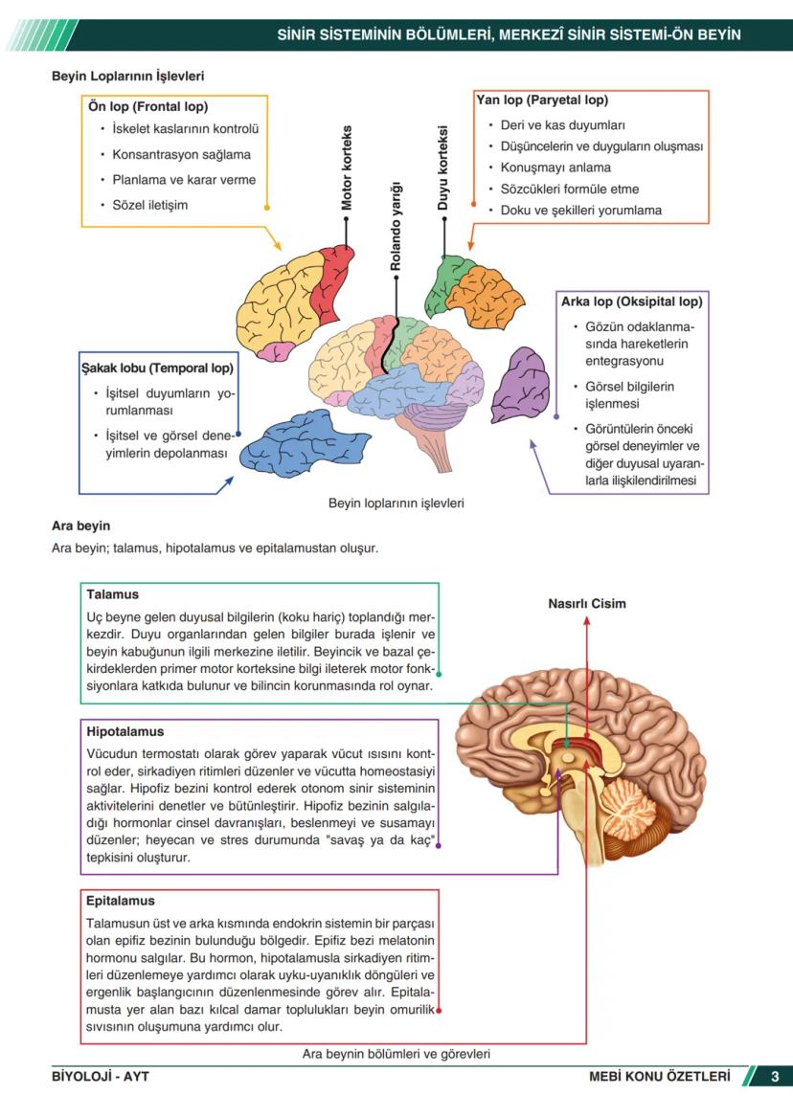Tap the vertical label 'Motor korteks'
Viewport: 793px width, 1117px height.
pyautogui.click(x=347, y=168)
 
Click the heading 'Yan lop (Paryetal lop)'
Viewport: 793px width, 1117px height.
pyautogui.click(x=542, y=100)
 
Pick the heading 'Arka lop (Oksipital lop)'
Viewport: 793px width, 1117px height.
pyautogui.click(x=632, y=301)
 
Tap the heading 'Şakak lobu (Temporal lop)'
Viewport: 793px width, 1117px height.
pyautogui.click(x=157, y=368)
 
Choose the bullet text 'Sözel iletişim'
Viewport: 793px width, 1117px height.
pyautogui.click(x=150, y=205)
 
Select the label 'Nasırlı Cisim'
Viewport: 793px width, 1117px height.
pyautogui.click(x=587, y=604)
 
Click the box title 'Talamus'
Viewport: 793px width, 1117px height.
pyautogui.click(x=113, y=594)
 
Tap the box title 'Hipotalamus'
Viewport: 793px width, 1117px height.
pyautogui.click(x=125, y=731)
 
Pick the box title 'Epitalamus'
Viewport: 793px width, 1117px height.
pyautogui.click(x=121, y=901)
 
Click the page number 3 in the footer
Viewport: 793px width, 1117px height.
pyautogui.click(x=775, y=1077)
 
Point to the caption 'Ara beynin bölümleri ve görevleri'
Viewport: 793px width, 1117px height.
pyautogui.click(x=396, y=1054)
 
